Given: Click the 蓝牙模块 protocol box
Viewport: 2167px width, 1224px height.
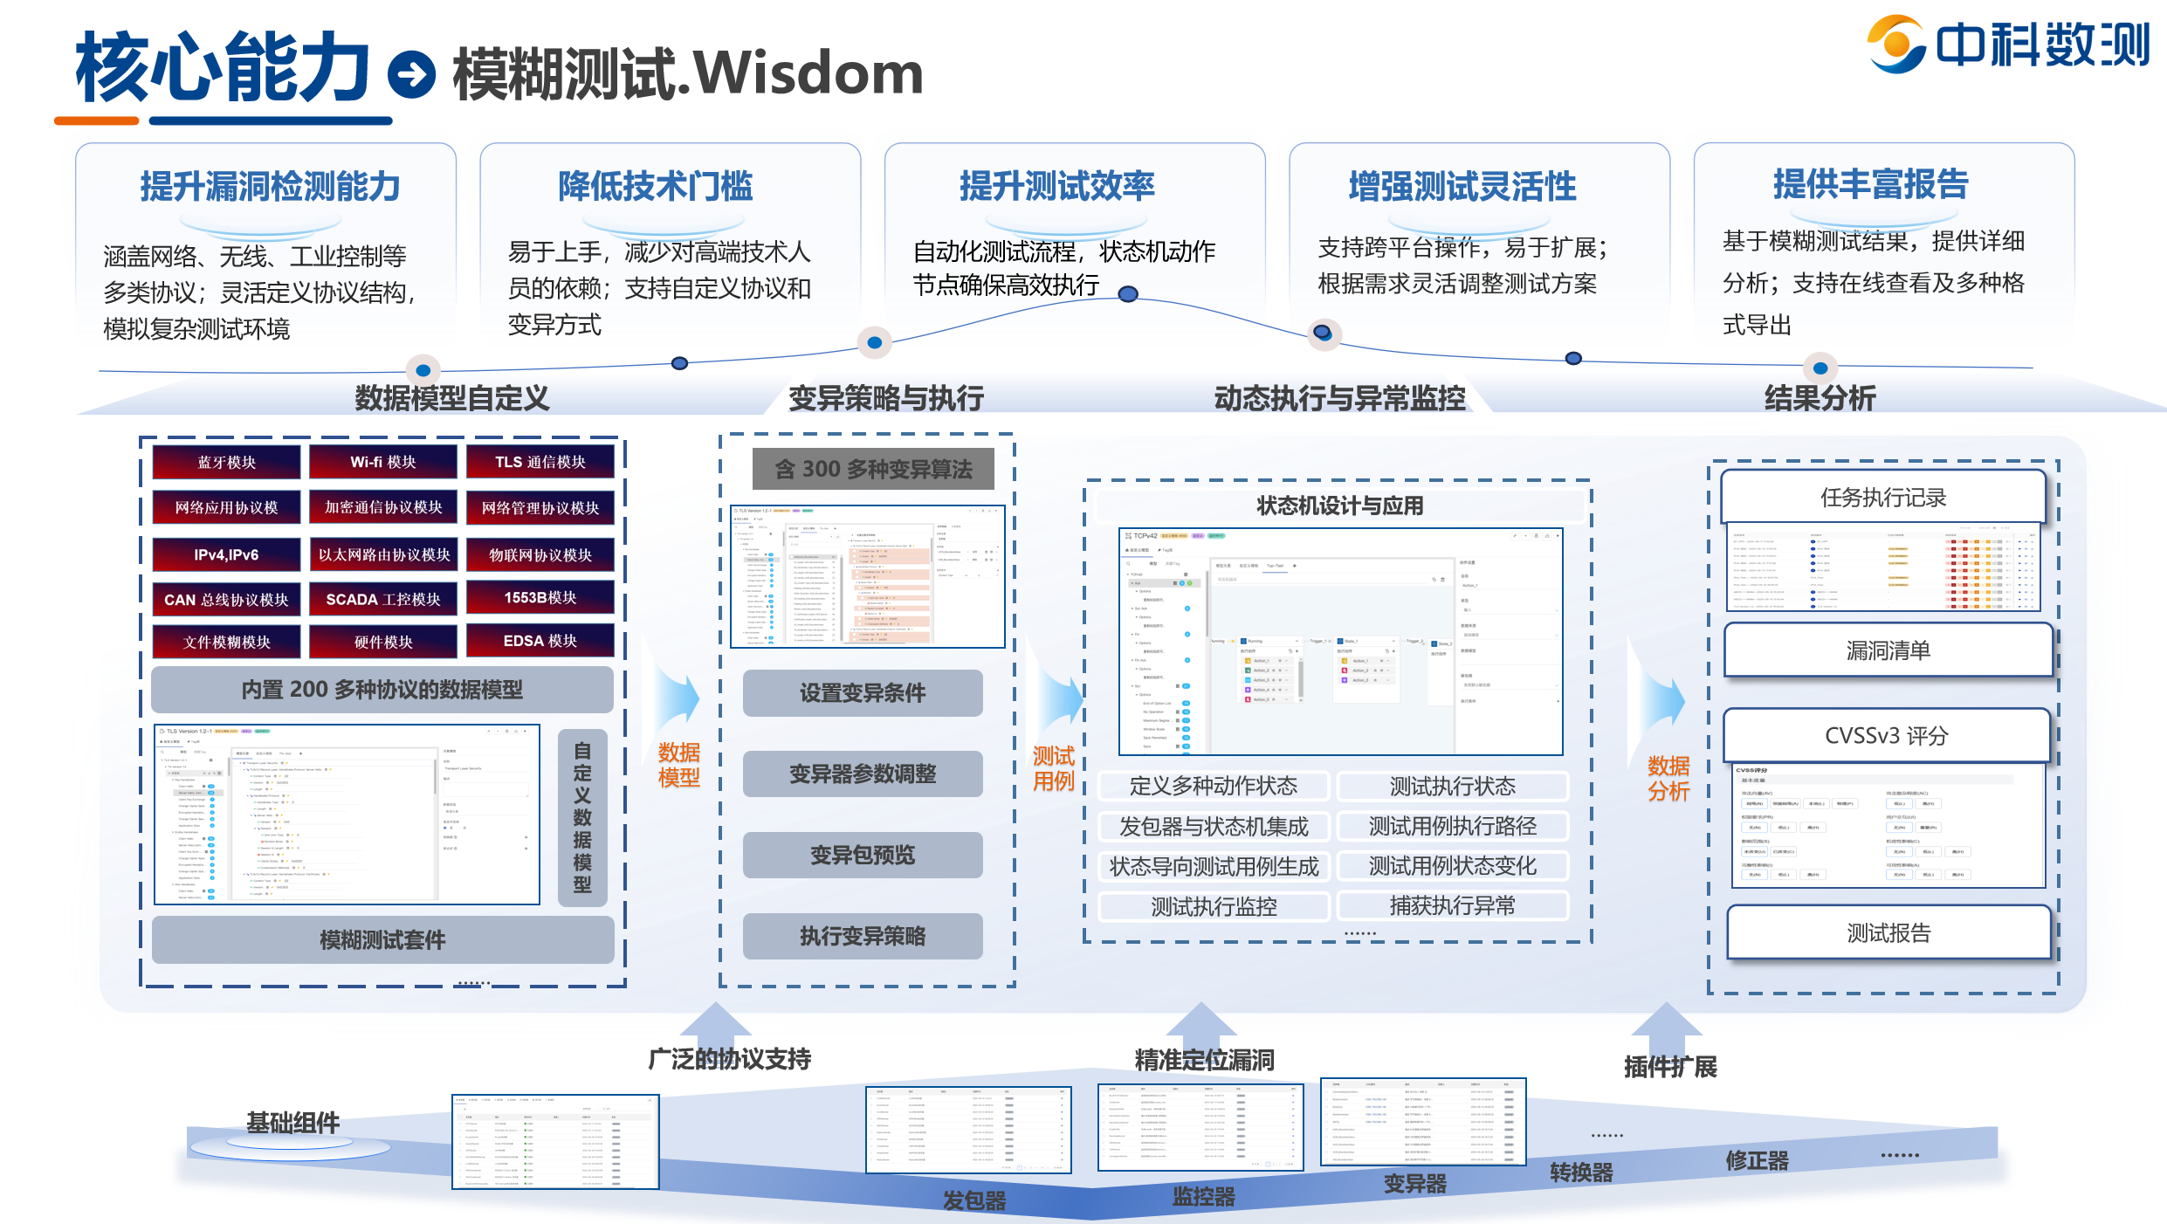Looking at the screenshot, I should [226, 462].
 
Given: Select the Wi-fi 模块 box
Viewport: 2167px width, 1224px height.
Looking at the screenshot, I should [383, 462].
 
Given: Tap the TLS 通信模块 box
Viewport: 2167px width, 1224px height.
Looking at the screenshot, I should [540, 462].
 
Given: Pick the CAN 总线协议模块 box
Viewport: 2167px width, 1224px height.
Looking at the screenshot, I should [226, 600].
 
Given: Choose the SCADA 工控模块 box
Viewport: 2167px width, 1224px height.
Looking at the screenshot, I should [383, 600].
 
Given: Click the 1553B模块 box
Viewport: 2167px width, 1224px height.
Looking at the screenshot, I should [540, 598].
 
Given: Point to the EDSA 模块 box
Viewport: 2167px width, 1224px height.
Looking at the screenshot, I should [540, 641].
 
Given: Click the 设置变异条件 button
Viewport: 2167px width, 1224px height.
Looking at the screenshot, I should [863, 693].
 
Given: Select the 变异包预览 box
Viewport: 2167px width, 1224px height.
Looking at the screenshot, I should [863, 855].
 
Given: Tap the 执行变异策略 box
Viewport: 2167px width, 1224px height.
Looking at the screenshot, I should [863, 936].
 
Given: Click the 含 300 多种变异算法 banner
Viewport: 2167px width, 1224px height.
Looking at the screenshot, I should [873, 469].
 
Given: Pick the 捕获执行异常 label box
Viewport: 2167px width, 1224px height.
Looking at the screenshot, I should [1453, 905].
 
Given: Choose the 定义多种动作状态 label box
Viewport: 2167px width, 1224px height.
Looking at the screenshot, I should [1214, 786].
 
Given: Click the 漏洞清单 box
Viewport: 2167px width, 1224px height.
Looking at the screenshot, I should [1888, 650].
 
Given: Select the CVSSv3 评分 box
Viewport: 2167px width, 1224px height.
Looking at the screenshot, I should [1886, 736].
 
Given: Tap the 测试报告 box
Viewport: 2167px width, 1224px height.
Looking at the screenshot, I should [1888, 932].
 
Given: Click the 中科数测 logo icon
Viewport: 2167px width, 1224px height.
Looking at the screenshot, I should [1895, 45].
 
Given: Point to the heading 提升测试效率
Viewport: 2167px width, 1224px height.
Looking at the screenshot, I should [1057, 186].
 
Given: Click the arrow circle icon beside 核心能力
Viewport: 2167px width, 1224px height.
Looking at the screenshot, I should [411, 74].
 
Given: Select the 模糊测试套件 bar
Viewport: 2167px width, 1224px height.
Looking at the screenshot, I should [382, 939].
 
